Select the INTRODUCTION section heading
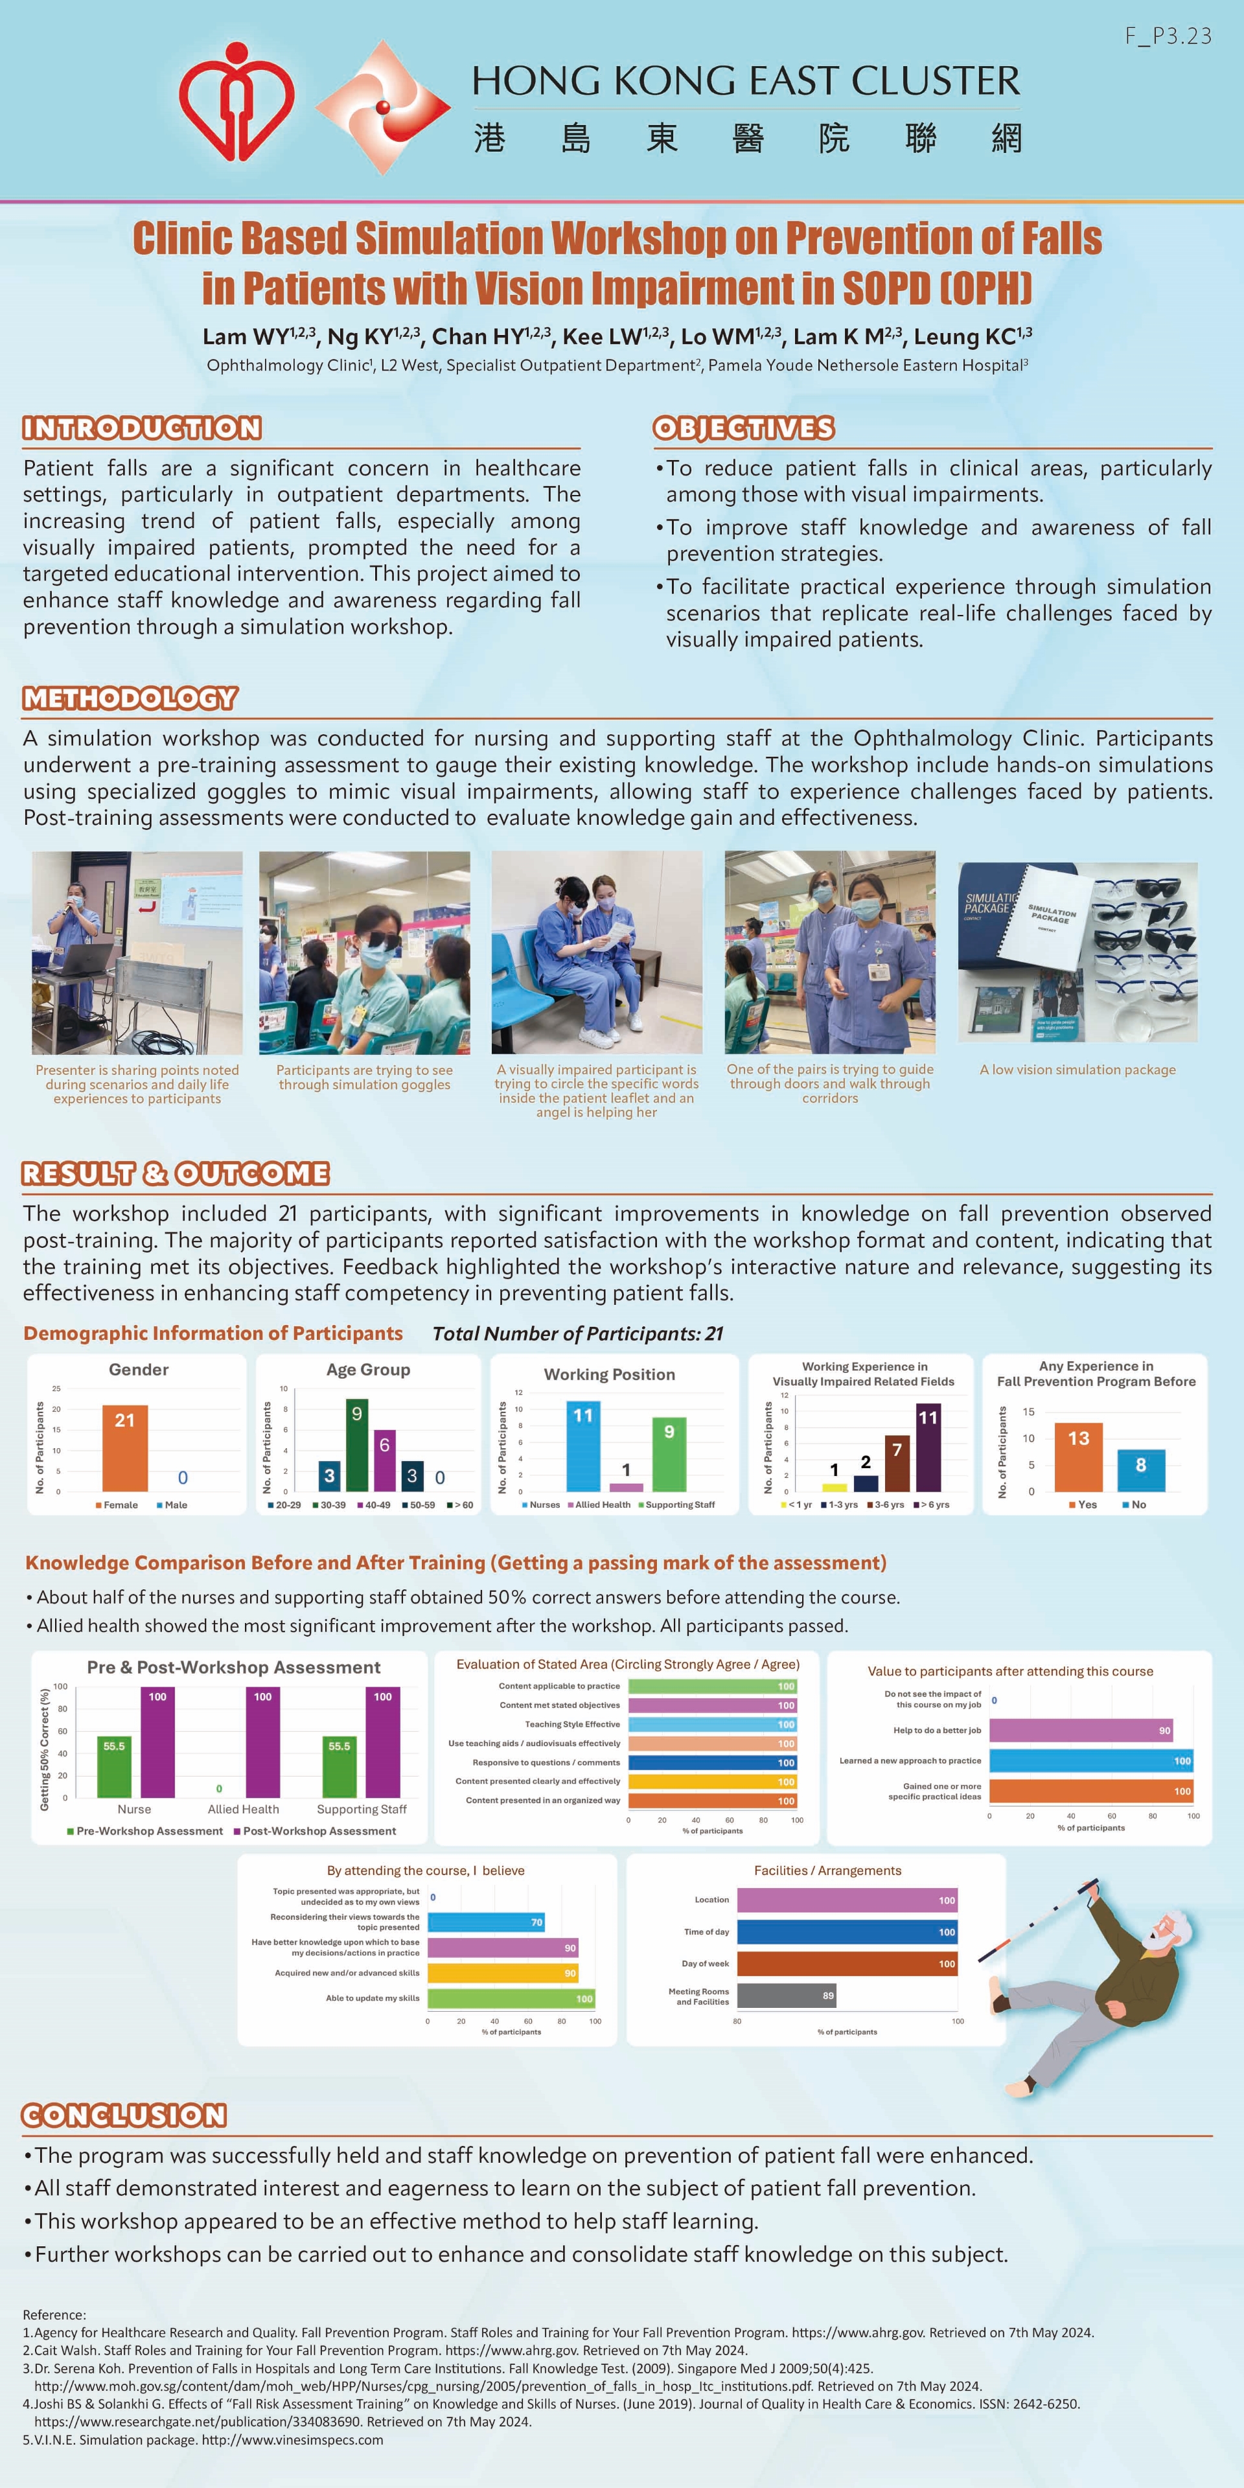(142, 428)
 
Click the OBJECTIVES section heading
(744, 428)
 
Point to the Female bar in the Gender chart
(124, 1448)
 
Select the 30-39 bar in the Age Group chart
(356, 1445)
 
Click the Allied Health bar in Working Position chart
(626, 1488)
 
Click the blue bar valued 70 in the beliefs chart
(486, 1922)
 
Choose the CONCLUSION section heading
(124, 2115)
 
